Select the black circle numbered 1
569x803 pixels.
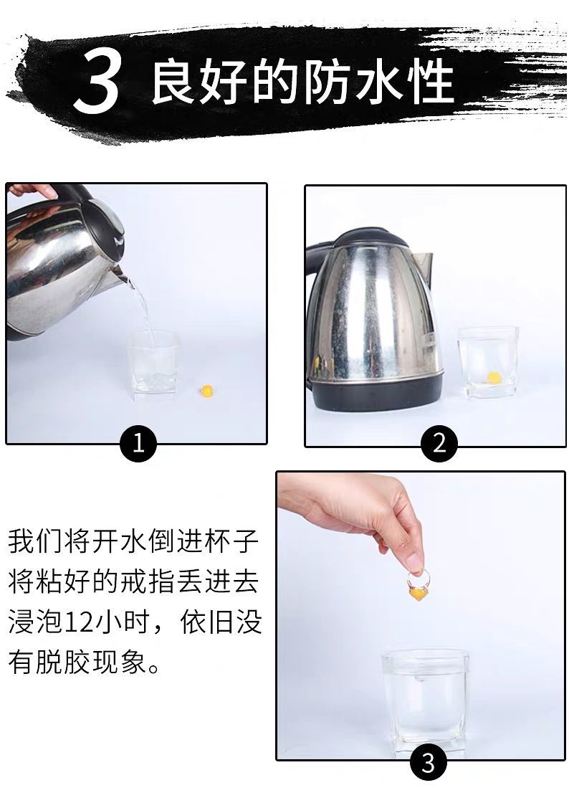pos(138,443)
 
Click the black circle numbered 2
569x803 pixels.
pos(439,443)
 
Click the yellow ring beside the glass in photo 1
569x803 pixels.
pos(207,391)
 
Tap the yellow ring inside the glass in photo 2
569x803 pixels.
pos(493,378)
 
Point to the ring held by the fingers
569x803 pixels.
pos(418,585)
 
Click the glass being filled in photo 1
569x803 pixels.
pos(153,365)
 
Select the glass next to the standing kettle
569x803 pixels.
pos(487,363)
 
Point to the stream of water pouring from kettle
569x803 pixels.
pos(144,312)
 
